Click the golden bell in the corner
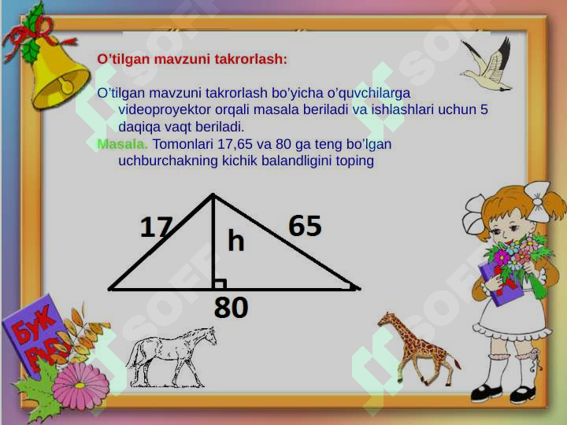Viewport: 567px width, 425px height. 57,75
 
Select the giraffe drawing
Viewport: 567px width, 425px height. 416,346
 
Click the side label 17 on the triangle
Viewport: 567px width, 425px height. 156,227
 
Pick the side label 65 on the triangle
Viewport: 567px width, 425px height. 305,226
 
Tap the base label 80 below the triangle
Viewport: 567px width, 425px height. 232,308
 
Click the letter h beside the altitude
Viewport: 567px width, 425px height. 235,240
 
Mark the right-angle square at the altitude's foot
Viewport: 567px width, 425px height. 220,284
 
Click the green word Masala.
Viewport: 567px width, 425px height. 122,144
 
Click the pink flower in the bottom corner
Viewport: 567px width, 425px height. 81,386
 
